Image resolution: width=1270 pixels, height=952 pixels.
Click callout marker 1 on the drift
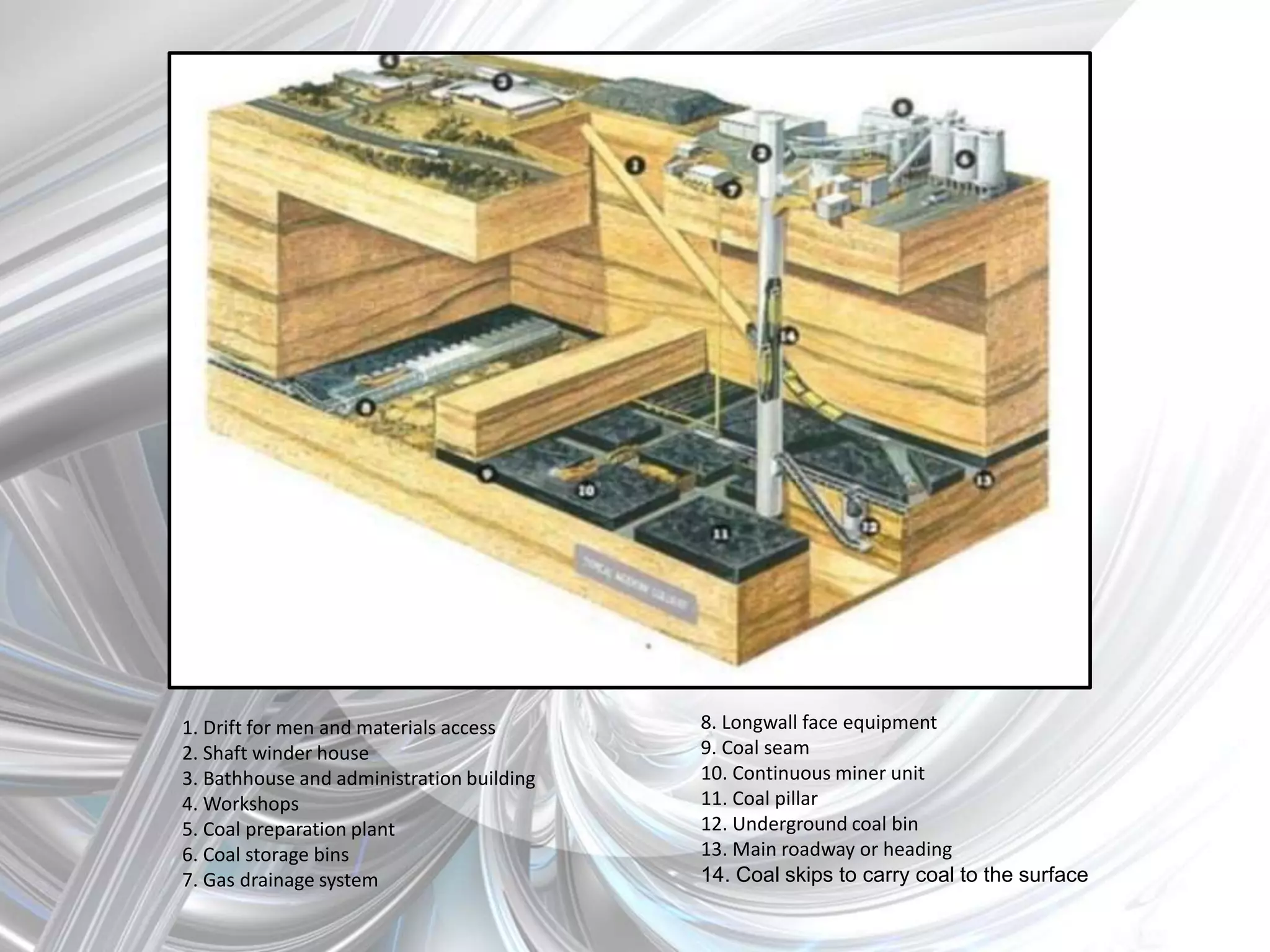tap(634, 165)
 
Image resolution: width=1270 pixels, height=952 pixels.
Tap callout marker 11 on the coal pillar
tap(720, 534)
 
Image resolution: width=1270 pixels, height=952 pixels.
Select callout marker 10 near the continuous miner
tap(586, 490)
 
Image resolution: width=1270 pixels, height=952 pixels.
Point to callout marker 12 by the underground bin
tap(869, 527)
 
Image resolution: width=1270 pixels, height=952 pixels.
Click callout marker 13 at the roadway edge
tap(984, 480)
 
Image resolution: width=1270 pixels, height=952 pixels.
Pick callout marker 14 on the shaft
tap(788, 336)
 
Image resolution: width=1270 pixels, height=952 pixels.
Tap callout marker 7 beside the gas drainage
tap(732, 190)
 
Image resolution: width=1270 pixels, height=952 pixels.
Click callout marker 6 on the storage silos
tap(964, 159)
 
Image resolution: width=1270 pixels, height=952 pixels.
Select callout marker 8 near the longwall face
tap(366, 407)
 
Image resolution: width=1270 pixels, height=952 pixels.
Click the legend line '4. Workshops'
tap(241, 804)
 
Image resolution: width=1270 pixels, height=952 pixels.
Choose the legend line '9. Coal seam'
tap(755, 748)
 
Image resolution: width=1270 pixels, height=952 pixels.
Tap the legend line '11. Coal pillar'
tap(759, 799)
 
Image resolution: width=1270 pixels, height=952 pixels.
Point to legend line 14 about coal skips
tap(894, 875)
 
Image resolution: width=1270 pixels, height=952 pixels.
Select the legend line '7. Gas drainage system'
tap(280, 880)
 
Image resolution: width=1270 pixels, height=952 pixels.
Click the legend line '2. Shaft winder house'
tap(275, 753)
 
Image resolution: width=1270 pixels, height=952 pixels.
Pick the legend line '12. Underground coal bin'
tap(809, 824)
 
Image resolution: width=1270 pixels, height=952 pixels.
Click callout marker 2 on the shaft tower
tap(762, 153)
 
